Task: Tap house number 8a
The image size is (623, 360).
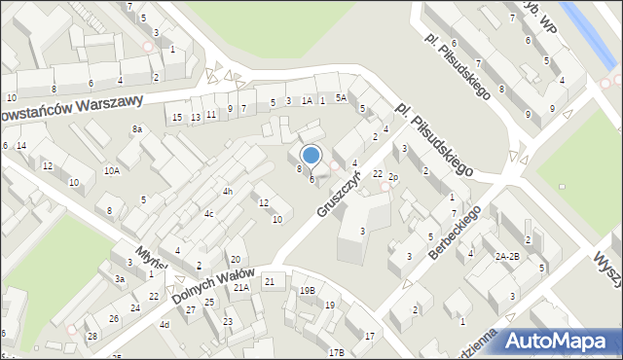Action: click(x=137, y=128)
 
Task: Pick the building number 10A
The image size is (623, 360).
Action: click(x=112, y=170)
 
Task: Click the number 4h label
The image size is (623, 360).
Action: click(x=227, y=192)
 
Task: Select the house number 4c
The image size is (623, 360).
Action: click(x=208, y=213)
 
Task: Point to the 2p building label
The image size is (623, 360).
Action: click(x=393, y=177)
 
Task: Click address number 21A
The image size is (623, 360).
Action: click(x=240, y=287)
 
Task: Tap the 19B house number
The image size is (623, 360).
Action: click(x=307, y=290)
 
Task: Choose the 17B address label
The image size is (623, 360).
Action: click(x=336, y=352)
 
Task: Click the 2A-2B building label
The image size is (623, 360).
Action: click(x=506, y=256)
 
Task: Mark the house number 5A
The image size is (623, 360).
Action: click(x=341, y=97)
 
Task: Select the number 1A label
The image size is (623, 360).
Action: click(x=307, y=100)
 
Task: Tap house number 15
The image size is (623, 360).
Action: click(x=176, y=118)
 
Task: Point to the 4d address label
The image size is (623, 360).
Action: click(x=164, y=324)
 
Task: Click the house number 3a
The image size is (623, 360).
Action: click(x=120, y=278)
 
